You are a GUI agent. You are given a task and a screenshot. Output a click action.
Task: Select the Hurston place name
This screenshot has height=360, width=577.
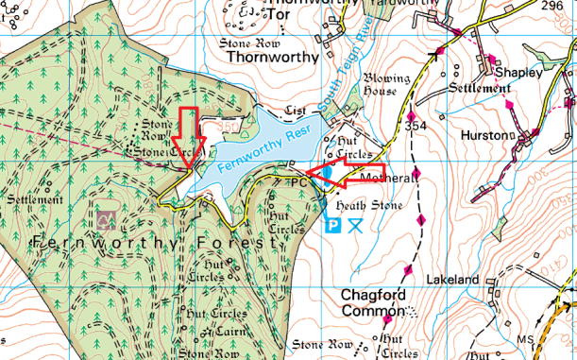[x=484, y=135]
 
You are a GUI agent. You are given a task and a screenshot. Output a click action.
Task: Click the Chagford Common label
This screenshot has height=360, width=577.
[x=372, y=303]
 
